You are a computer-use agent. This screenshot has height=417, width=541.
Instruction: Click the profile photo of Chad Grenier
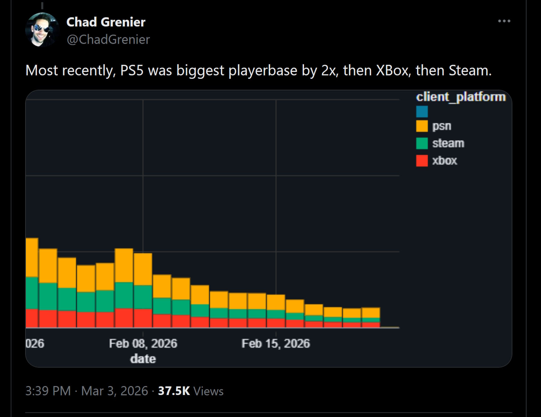tap(42, 30)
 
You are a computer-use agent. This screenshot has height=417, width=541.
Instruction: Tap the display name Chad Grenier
tap(106, 22)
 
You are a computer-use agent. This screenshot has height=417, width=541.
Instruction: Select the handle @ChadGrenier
tap(108, 39)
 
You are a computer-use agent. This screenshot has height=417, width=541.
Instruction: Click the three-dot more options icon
tap(504, 21)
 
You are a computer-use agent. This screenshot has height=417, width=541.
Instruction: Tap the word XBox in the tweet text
tap(392, 70)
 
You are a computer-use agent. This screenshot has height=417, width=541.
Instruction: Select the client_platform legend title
tap(461, 97)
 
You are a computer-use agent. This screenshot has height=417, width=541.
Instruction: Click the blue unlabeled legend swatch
tap(422, 112)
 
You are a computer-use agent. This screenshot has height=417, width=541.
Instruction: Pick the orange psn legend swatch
tap(422, 126)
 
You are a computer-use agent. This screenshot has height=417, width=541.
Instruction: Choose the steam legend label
tap(448, 143)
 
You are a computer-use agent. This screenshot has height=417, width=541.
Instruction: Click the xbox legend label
tap(444, 160)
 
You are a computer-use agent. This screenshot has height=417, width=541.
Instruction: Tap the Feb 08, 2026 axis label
tap(143, 344)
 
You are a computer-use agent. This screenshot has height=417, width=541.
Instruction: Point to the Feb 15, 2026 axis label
tap(276, 344)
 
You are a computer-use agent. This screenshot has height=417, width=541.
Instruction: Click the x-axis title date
tap(143, 359)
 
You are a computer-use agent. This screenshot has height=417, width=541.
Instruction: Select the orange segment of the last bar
tap(371, 313)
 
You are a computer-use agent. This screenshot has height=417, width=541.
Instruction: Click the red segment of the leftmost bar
tap(32, 318)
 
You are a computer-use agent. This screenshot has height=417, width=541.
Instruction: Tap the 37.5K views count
tap(174, 391)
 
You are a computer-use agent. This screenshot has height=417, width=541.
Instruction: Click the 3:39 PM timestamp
tap(48, 391)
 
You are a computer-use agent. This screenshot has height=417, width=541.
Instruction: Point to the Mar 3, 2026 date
tap(114, 391)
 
